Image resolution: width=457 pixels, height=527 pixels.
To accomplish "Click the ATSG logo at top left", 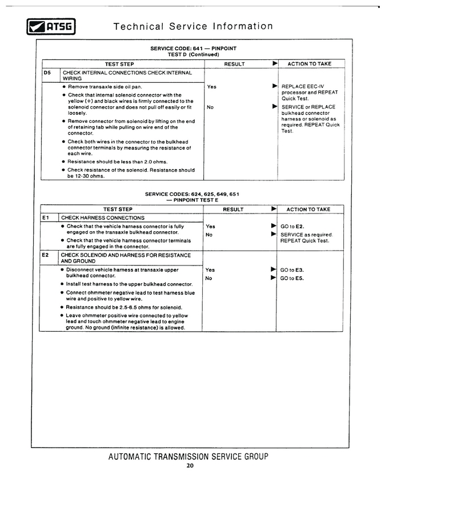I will (x=51, y=26).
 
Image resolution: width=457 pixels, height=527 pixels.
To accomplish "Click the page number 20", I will (x=190, y=465).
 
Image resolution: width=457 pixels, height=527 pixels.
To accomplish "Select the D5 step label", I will (x=47, y=73).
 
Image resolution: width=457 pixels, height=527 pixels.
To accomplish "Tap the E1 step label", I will (x=47, y=218).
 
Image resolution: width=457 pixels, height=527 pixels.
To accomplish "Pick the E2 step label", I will (x=47, y=255).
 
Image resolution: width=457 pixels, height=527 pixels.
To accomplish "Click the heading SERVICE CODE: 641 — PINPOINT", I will (x=193, y=49).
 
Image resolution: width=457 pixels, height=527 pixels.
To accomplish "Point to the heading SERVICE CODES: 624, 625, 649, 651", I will (x=192, y=194).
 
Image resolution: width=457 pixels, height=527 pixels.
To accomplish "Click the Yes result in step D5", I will (x=211, y=87).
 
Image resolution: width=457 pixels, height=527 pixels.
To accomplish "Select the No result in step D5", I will (x=210, y=107).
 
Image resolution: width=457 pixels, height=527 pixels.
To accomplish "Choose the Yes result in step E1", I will (x=210, y=227).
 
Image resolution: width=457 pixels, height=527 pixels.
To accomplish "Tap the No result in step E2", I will (x=209, y=278).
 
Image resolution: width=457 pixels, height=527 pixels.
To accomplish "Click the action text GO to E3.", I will (x=292, y=269).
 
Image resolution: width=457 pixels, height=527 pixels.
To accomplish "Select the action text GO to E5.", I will (x=292, y=278).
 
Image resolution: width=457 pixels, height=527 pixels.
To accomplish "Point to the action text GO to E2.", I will (x=292, y=227).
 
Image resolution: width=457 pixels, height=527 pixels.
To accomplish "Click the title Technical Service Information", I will (x=193, y=26).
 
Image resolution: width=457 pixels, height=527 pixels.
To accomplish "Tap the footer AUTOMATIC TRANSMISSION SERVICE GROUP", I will (x=188, y=456).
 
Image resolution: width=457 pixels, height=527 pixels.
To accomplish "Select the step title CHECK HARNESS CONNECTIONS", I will (x=103, y=218).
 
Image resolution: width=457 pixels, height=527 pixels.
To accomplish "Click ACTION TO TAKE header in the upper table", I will (x=309, y=64).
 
